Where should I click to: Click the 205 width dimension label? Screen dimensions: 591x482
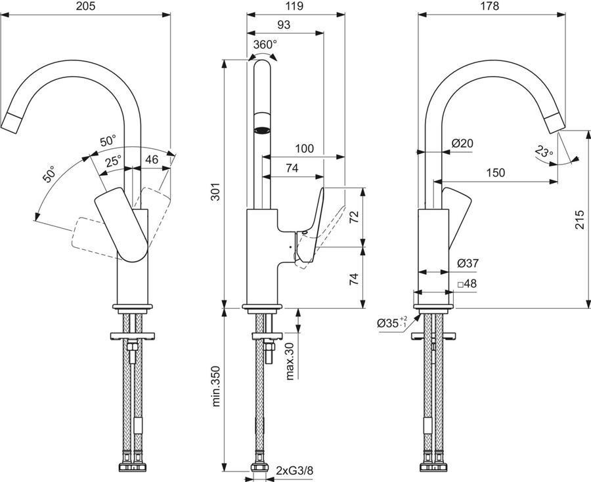86,6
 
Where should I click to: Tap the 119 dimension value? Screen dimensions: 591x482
294,6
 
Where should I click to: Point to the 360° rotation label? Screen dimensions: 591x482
265,45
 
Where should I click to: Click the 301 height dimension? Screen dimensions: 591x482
215,191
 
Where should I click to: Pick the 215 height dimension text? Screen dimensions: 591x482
580,220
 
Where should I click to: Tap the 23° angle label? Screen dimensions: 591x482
544,151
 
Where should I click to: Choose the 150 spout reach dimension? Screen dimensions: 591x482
495,172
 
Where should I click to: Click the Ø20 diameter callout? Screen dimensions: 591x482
462,144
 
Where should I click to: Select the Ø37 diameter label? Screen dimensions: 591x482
468,264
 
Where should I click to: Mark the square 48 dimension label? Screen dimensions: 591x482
467,284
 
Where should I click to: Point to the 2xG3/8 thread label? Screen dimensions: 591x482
294,470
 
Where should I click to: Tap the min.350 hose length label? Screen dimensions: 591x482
215,386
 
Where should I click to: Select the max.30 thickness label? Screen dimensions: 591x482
290,361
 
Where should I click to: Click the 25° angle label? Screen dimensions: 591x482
113,161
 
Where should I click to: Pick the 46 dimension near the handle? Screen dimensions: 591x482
152,159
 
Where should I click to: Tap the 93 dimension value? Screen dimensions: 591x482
284,25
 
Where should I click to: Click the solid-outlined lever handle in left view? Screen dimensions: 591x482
121,224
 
